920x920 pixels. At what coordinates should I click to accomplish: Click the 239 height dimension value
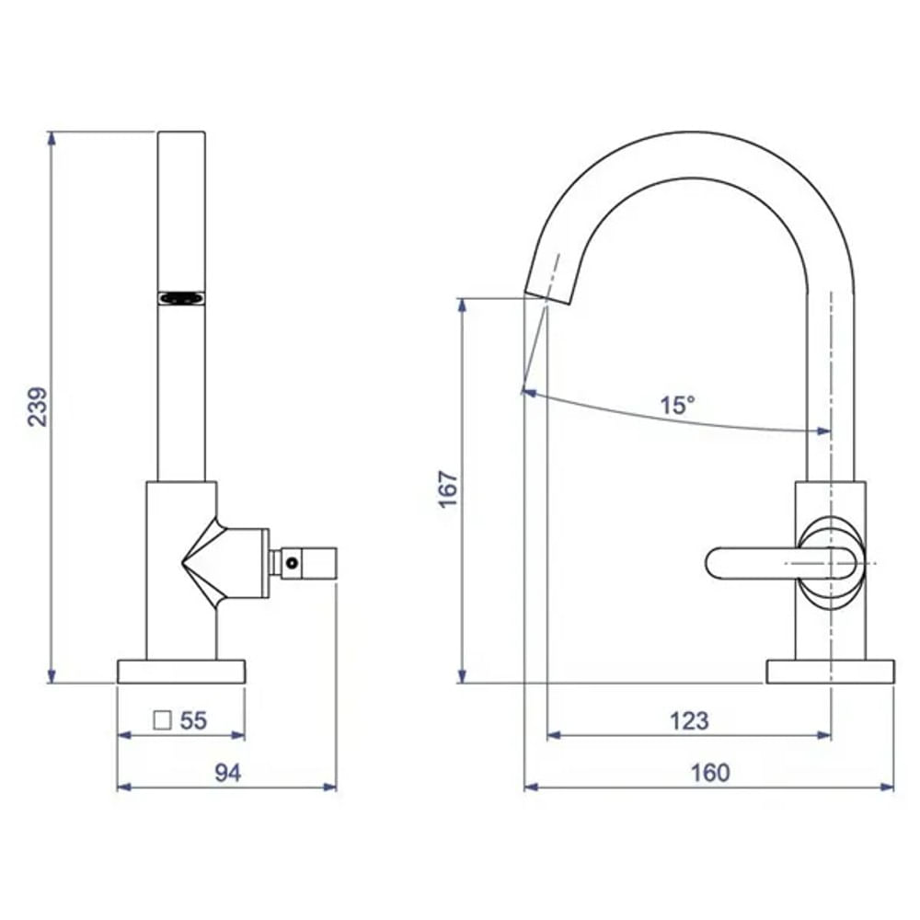[38, 406]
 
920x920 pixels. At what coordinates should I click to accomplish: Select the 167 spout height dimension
[448, 489]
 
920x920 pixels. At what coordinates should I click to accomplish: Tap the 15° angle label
[678, 405]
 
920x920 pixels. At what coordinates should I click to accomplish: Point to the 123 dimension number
[689, 720]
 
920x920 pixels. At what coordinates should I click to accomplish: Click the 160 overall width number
[710, 773]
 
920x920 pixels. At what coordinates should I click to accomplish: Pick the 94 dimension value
[227, 773]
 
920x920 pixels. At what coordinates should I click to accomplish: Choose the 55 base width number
[193, 720]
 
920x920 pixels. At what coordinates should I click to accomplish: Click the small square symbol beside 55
[162, 720]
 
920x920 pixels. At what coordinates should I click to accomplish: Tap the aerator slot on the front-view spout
[182, 299]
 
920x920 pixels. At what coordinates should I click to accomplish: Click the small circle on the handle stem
[292, 563]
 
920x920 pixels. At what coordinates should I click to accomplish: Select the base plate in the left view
[181, 672]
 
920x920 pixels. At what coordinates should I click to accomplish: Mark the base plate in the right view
[830, 672]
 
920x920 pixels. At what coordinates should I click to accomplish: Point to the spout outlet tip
[547, 298]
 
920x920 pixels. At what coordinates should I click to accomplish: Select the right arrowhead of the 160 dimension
[887, 787]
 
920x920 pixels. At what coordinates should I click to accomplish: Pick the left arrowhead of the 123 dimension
[554, 734]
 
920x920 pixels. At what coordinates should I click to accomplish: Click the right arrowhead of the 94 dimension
[329, 787]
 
